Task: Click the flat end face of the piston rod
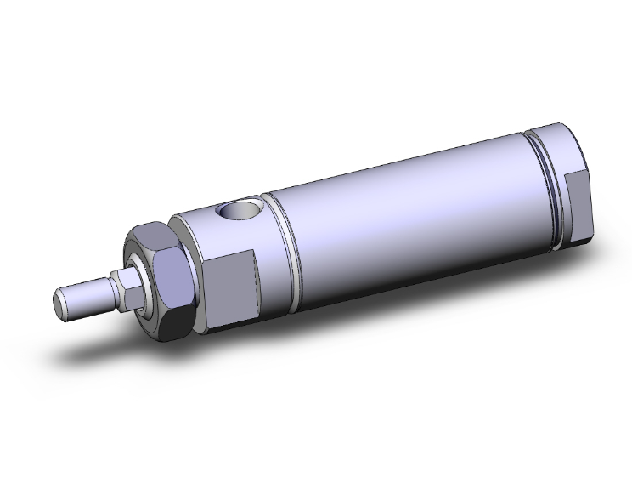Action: pos(59,302)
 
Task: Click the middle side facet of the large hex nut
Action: pos(169,271)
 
